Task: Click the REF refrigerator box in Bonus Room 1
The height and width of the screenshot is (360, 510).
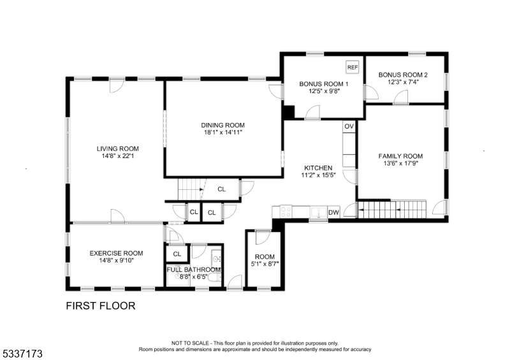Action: tap(353, 68)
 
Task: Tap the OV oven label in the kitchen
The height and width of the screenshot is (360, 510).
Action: tap(349, 126)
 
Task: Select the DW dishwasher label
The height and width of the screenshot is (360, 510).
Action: tap(333, 213)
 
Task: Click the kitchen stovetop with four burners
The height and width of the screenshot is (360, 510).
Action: tap(286, 212)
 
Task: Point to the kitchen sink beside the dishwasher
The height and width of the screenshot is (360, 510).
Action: tap(318, 212)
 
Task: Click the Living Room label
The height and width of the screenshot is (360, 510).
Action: tap(117, 148)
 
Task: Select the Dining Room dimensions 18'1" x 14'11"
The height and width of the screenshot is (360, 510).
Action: tap(222, 133)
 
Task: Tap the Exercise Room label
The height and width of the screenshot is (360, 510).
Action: tap(116, 253)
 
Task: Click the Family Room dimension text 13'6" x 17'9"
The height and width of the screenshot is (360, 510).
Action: tap(400, 163)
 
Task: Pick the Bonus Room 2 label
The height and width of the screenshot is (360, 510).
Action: tap(403, 75)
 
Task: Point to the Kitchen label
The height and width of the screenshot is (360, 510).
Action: tap(318, 168)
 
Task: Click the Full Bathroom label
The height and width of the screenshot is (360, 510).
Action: tap(194, 270)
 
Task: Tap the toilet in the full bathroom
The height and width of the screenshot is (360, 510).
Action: tap(214, 278)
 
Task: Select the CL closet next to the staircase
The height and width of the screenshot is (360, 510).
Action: tap(221, 189)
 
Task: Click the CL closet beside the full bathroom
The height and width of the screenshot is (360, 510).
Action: tap(177, 254)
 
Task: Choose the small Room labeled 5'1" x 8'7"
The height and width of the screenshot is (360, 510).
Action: tap(265, 260)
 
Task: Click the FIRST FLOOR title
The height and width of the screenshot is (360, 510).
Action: tap(101, 306)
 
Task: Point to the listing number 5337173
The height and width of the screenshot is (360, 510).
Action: tap(23, 354)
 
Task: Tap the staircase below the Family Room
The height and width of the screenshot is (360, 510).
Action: tap(392, 209)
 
